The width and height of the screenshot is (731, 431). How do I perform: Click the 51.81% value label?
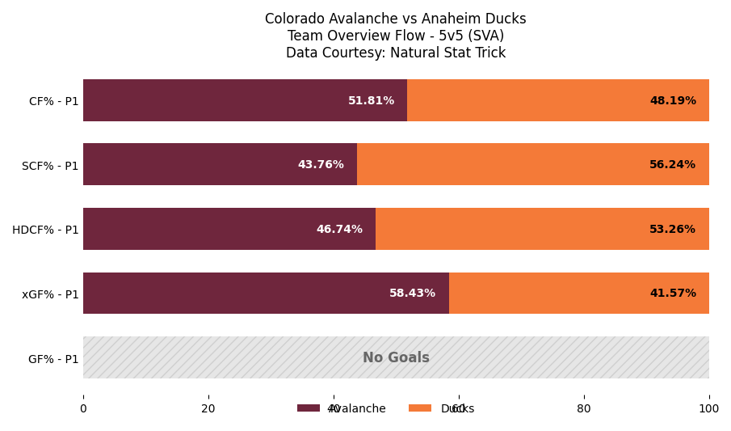click(371, 101)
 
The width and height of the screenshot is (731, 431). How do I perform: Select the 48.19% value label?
click(673, 101)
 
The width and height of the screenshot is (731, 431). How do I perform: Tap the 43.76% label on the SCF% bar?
click(321, 165)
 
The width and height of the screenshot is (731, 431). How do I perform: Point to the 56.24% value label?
click(672, 165)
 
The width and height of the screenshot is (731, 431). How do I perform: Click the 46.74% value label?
click(339, 230)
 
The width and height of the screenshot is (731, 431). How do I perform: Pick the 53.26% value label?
click(672, 230)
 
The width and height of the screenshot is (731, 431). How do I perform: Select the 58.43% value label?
click(412, 294)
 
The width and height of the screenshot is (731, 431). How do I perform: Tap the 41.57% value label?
click(673, 294)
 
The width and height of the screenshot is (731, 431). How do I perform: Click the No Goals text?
click(396, 358)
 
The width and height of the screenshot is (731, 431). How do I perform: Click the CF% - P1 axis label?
click(54, 102)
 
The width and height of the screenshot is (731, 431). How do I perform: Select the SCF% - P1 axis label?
click(50, 166)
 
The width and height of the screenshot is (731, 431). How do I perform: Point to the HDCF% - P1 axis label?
click(45, 230)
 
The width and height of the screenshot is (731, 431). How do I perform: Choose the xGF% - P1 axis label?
click(50, 294)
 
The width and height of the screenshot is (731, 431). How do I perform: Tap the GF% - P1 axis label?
click(53, 359)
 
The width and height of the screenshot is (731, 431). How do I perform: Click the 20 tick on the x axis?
click(208, 409)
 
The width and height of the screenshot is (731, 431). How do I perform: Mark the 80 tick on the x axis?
click(584, 409)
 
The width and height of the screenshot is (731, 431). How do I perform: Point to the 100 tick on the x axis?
click(709, 409)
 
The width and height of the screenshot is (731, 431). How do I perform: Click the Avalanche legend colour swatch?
click(309, 408)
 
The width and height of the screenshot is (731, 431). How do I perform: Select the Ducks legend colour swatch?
click(420, 408)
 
